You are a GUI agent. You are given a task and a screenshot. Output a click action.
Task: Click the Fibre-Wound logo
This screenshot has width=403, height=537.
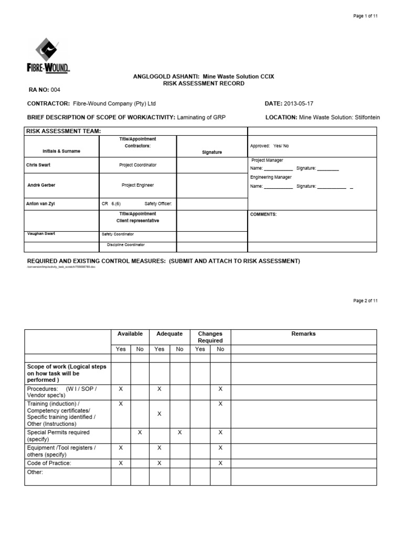pos(52,57)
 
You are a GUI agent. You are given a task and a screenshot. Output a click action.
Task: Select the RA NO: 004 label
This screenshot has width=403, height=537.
pos(48,90)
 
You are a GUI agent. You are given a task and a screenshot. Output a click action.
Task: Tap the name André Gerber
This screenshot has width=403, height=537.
pos(41,185)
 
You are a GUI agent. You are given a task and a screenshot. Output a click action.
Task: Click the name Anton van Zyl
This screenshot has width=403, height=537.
pos(43,203)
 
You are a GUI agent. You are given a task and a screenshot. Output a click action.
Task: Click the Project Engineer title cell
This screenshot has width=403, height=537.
pos(137,185)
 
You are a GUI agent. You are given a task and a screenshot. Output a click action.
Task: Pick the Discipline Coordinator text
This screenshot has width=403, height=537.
pos(126,245)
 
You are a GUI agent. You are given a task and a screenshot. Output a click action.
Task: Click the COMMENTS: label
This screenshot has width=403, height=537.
pos(263,214)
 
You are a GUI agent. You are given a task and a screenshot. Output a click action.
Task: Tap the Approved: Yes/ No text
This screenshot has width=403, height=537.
pos(270,146)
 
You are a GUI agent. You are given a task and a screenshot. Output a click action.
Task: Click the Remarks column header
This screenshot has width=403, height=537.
pos(303,334)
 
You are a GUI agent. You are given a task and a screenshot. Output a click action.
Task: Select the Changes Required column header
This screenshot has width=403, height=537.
pos(210,337)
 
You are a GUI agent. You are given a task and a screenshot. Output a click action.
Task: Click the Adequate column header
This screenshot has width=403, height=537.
pos(169,334)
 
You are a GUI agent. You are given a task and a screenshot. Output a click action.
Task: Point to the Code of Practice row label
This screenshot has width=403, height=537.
pos(49,463)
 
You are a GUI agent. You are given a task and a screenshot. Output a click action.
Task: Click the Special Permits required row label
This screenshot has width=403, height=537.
pos(58,436)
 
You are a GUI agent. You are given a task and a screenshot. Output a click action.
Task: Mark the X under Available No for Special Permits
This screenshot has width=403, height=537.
pos(140,432)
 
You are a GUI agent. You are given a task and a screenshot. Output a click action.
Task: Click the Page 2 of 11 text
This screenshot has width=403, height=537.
pos(365,300)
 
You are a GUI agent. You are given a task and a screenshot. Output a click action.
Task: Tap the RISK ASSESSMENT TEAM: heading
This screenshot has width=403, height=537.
pos(63,131)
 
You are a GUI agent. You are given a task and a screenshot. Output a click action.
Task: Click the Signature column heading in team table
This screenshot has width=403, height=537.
pos(212,152)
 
